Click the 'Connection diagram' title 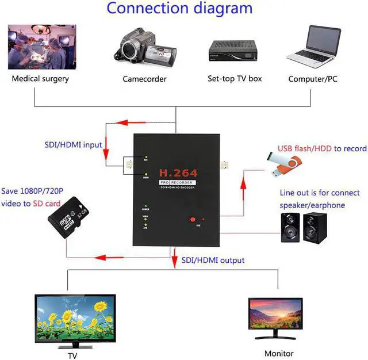pos(179,9)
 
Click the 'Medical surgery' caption pos(40,79)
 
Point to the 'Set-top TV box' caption pos(235,79)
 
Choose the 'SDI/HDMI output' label pos(212,261)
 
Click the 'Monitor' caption pos(279,354)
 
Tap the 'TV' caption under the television pos(72,356)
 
